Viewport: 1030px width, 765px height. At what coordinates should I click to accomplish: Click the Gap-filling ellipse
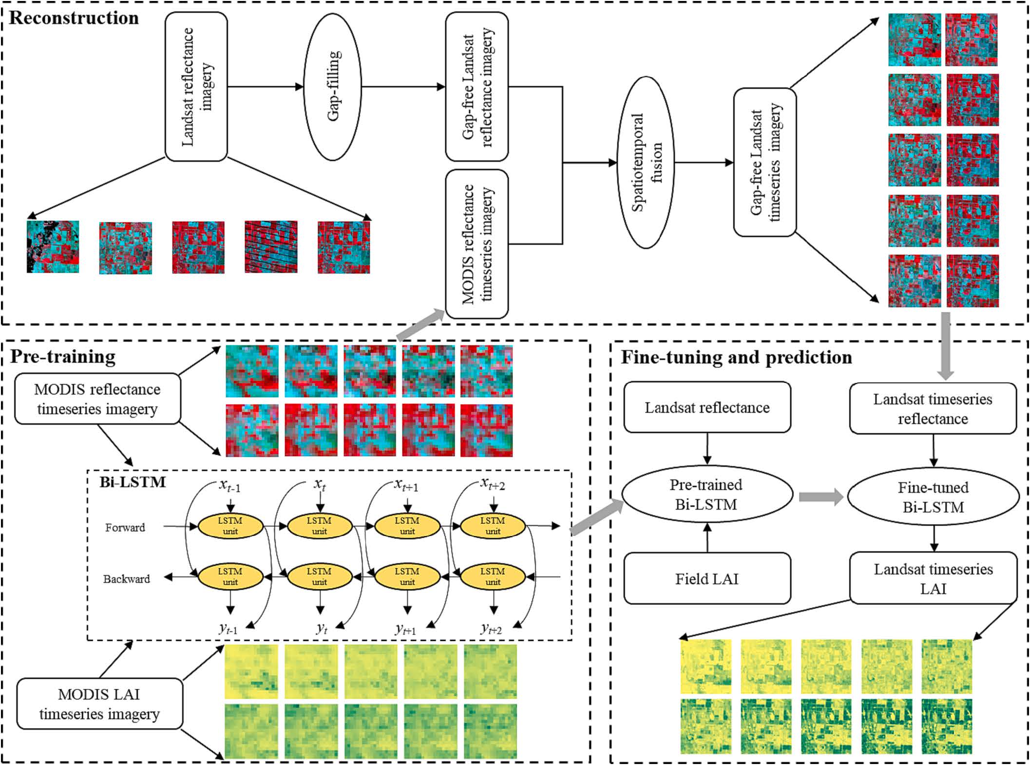coord(333,87)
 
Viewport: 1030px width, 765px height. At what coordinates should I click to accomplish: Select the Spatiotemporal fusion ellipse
coord(646,162)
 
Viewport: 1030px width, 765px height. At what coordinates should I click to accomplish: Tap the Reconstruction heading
coord(74,18)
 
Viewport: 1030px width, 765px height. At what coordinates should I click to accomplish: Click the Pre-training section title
coord(63,357)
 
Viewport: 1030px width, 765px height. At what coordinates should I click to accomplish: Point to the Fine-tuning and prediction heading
coord(736,357)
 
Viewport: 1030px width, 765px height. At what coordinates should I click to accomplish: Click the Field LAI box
coord(706,578)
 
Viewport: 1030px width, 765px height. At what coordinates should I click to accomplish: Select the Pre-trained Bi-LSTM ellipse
coord(706,495)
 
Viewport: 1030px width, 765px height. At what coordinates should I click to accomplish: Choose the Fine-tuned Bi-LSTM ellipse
coord(933,497)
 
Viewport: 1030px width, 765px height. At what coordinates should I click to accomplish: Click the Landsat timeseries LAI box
coord(933,578)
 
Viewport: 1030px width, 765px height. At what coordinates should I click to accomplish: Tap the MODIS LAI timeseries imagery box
coord(99,704)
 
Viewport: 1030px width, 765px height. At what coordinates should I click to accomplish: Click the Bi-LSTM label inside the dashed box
coord(133,482)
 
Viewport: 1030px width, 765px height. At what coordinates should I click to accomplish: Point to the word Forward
coord(125,527)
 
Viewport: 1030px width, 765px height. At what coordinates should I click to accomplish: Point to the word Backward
coord(126,579)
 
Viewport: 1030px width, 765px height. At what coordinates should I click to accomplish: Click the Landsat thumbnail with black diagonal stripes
coord(271,247)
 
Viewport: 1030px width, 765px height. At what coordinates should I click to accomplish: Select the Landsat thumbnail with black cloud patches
coord(53,247)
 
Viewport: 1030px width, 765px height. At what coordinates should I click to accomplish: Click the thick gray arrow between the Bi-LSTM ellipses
coord(820,497)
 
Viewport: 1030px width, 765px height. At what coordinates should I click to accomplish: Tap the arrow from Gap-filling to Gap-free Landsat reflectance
coord(403,87)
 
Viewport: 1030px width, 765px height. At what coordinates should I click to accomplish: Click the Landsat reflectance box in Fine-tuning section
coord(706,407)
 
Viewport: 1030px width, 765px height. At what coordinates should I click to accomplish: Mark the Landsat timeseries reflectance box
coord(933,408)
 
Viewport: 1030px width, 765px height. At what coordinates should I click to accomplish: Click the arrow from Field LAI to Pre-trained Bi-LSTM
coord(707,538)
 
